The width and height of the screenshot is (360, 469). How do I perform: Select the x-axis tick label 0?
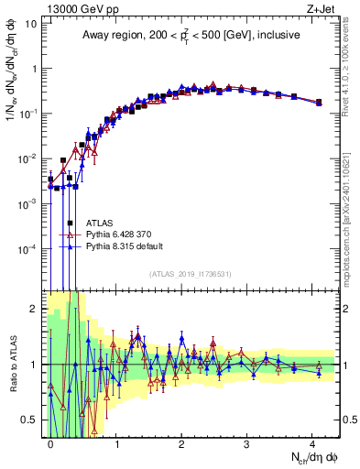(51, 442)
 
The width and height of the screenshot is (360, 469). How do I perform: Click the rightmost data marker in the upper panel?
(319, 102)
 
